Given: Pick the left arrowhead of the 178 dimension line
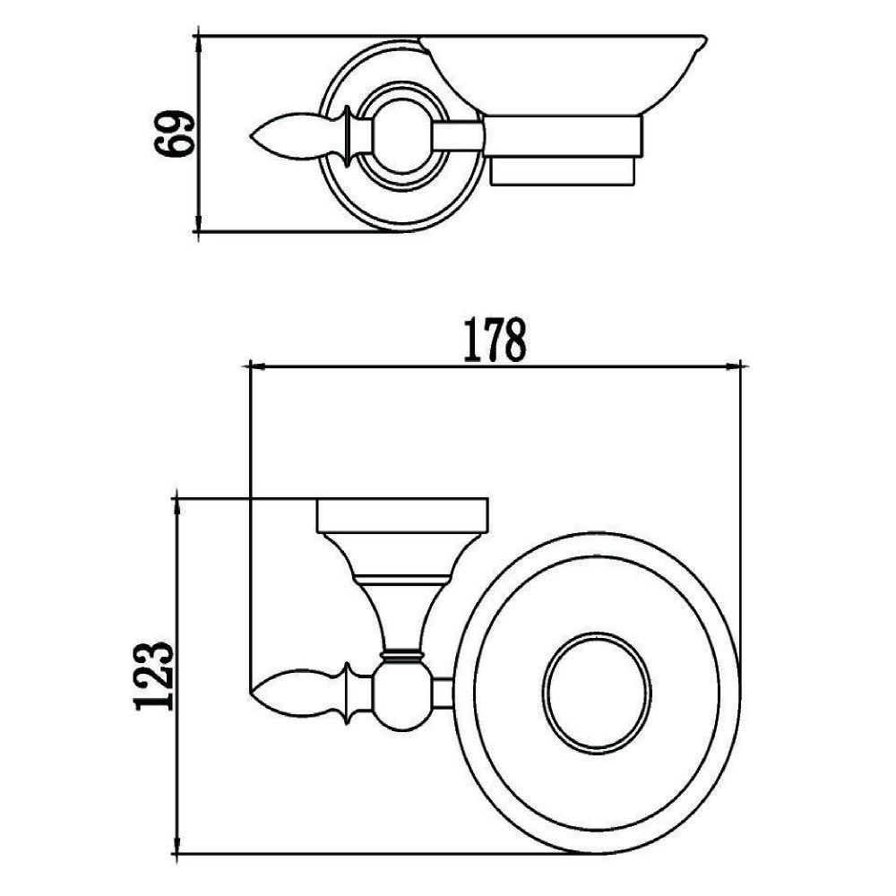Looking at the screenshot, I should pyautogui.click(x=254, y=366).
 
